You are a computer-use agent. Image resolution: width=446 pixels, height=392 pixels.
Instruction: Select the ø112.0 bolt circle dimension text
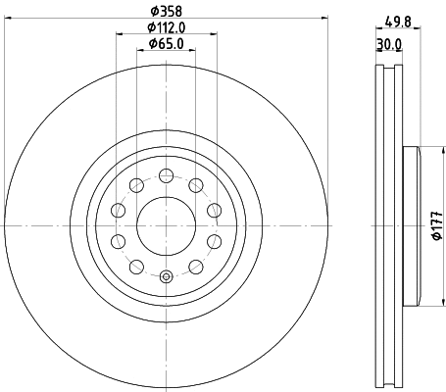pos(167,27)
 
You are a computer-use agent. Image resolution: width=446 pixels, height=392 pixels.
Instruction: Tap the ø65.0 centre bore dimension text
pos(167,44)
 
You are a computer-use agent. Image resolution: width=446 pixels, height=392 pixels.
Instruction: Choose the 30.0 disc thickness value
pos(390,44)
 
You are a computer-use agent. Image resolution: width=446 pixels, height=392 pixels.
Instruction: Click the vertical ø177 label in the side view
pos(434,226)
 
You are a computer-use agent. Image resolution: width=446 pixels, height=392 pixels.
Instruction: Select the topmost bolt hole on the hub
pos(167,175)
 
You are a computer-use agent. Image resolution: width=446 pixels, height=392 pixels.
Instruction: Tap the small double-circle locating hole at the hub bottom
pos(167,276)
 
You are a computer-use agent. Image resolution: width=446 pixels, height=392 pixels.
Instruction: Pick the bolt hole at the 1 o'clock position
pos(196,184)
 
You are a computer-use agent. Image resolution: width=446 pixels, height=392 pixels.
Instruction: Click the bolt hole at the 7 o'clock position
pos(118,241)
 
